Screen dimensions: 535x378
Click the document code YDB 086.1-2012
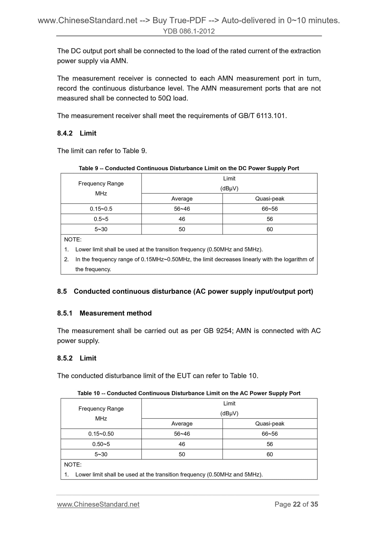coord(189,31)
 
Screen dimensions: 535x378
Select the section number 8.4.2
coord(65,133)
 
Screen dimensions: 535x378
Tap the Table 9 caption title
coord(189,168)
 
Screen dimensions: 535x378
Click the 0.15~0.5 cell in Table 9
coord(101,209)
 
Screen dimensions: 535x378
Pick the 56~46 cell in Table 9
coord(182,209)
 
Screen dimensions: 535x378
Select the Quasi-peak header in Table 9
coord(269,199)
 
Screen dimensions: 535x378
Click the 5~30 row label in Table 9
coord(101,229)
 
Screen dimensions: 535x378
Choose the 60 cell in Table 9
coord(269,229)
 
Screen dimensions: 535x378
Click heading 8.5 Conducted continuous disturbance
coord(185,291)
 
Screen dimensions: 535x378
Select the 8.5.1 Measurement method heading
coord(104,313)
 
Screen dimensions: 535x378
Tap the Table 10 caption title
coord(189,393)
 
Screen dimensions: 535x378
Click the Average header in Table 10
coord(182,423)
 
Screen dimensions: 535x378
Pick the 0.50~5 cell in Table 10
coord(101,444)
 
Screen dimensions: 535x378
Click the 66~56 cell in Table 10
coord(269,434)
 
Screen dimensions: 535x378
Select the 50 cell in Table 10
coord(182,454)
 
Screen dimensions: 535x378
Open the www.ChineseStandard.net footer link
coord(98,504)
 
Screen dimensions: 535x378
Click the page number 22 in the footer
coord(297,504)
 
